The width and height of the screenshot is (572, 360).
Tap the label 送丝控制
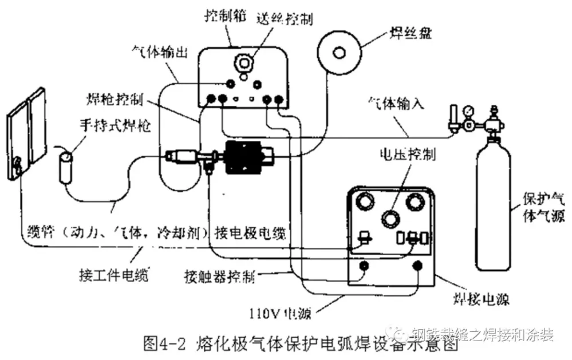click(286, 19)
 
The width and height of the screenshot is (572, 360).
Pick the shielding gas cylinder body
click(494, 212)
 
